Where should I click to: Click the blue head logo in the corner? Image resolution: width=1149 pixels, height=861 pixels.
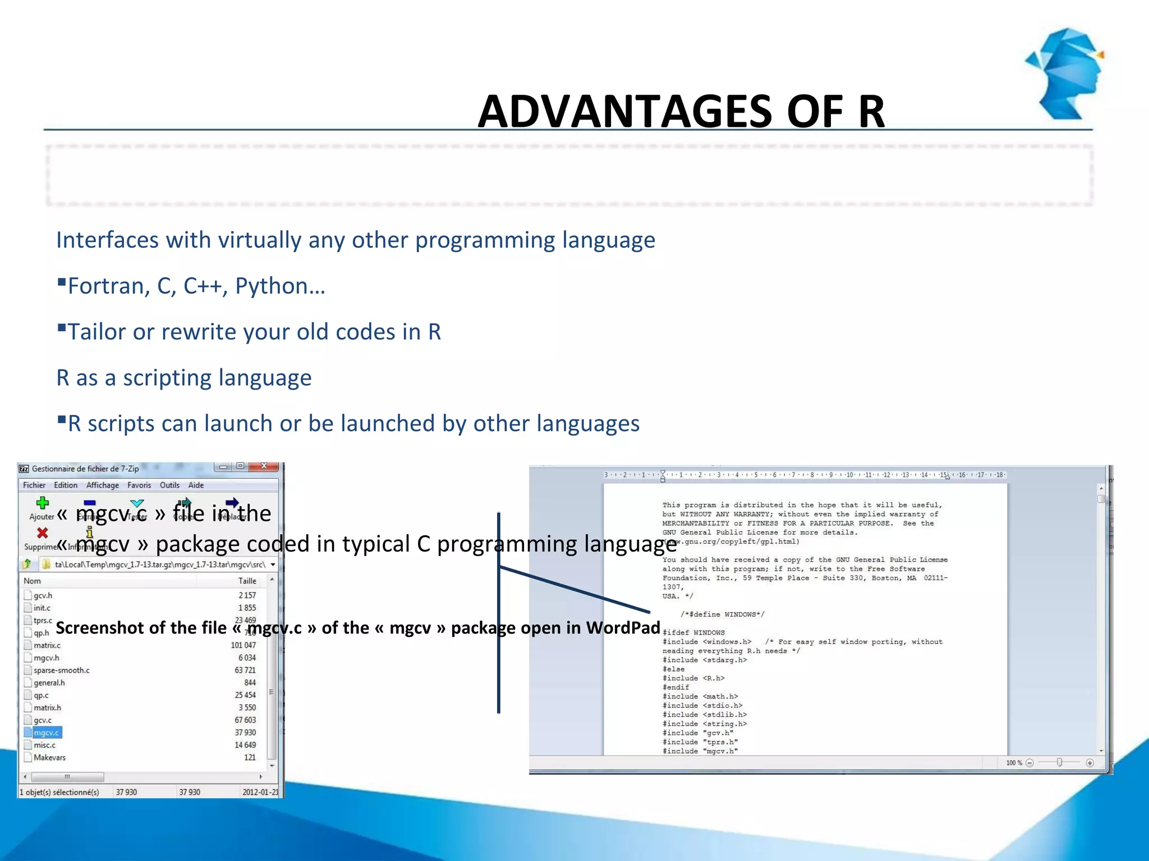(x=1066, y=73)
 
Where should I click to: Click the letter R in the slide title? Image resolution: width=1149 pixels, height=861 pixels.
(x=871, y=112)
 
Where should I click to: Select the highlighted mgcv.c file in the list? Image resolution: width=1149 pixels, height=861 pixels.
(x=46, y=733)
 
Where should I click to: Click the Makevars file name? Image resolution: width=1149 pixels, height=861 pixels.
(x=49, y=757)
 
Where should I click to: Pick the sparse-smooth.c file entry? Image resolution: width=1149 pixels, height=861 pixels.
(x=61, y=670)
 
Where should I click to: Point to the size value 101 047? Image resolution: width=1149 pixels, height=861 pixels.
(x=243, y=645)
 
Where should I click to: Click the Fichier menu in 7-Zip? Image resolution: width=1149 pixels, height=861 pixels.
(x=34, y=485)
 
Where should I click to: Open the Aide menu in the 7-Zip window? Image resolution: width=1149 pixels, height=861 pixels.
(x=196, y=485)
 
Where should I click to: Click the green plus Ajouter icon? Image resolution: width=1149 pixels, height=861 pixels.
(x=42, y=503)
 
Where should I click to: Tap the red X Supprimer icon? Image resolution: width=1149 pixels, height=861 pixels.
(x=42, y=533)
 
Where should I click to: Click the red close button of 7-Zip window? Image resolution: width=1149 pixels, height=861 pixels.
(x=263, y=466)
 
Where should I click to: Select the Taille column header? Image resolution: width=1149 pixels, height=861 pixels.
(x=247, y=581)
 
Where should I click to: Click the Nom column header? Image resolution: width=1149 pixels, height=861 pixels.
(x=33, y=581)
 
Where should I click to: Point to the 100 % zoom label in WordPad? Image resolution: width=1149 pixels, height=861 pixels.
(x=1013, y=763)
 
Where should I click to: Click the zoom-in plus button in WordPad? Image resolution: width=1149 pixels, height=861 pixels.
(x=1090, y=763)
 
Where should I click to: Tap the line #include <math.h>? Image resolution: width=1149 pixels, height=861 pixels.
(x=700, y=697)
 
